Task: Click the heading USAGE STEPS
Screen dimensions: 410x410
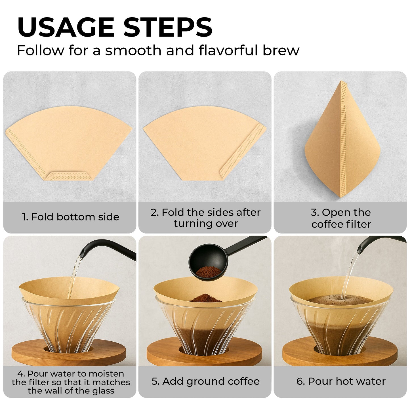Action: [115, 27]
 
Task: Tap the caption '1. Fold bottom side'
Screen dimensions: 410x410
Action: [71, 217]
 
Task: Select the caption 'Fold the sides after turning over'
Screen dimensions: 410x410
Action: [205, 218]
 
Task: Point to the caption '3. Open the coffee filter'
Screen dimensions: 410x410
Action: [341, 218]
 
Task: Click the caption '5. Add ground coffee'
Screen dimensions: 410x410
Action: [205, 381]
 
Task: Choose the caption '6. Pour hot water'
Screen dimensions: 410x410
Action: [341, 381]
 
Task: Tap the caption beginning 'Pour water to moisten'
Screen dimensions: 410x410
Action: [71, 382]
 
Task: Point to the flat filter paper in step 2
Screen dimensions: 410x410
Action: [199, 142]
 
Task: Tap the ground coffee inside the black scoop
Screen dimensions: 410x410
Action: [208, 272]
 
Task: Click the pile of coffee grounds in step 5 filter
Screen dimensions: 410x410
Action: [205, 298]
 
